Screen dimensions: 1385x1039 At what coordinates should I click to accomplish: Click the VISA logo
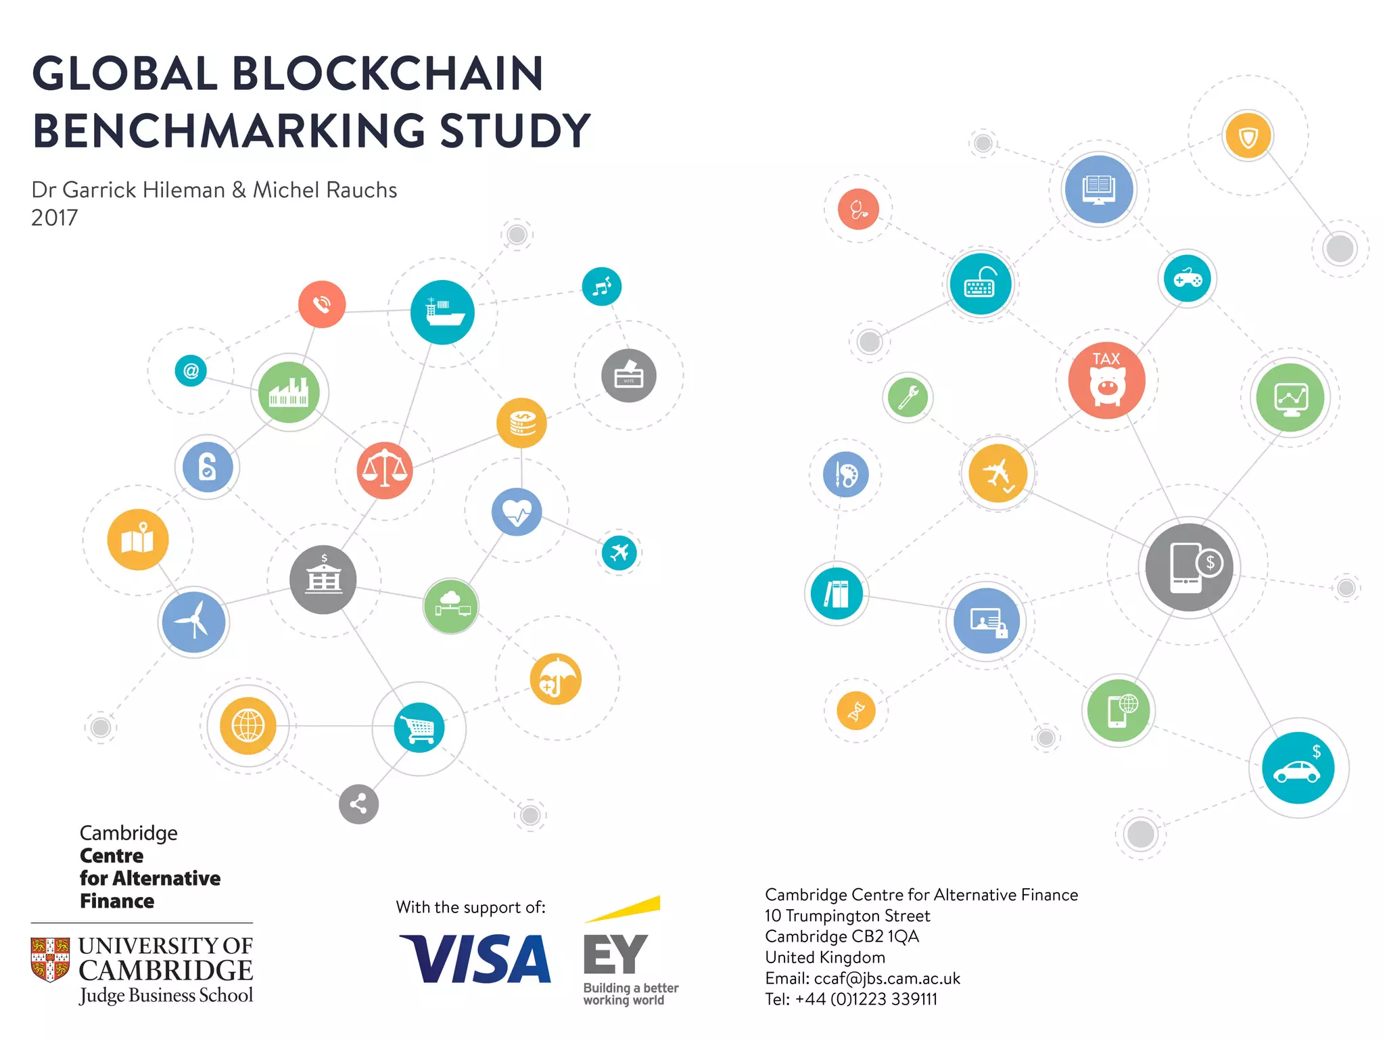click(x=475, y=959)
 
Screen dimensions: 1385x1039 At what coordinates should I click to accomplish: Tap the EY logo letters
click(x=615, y=954)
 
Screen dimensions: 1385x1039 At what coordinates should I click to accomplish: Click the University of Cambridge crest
click(x=50, y=959)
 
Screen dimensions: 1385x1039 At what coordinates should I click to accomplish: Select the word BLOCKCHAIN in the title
click(x=388, y=74)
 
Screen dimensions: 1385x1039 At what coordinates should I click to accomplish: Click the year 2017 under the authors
click(x=54, y=218)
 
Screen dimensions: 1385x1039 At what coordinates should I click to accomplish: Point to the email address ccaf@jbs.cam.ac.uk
click(x=887, y=978)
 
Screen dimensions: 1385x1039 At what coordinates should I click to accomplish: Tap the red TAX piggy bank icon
click(x=1106, y=380)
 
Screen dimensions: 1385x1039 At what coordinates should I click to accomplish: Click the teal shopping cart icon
click(x=419, y=728)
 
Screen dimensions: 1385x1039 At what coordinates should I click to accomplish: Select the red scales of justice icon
click(x=385, y=470)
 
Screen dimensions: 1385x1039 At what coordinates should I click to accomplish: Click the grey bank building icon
click(x=323, y=580)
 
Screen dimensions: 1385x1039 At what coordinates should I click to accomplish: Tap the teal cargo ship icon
click(x=442, y=312)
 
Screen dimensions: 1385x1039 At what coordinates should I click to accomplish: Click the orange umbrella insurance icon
click(x=556, y=679)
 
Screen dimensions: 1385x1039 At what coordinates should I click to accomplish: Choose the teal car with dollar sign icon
click(x=1298, y=768)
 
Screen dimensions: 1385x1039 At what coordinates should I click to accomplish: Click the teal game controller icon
click(x=1188, y=279)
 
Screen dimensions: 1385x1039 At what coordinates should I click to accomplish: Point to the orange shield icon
click(x=1248, y=137)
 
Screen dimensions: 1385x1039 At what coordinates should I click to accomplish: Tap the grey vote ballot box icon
click(x=628, y=375)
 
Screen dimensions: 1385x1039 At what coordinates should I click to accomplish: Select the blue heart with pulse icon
click(x=517, y=512)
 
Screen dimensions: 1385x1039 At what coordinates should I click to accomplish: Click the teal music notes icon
click(x=601, y=287)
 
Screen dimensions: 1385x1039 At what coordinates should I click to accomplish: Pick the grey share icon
click(x=358, y=804)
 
